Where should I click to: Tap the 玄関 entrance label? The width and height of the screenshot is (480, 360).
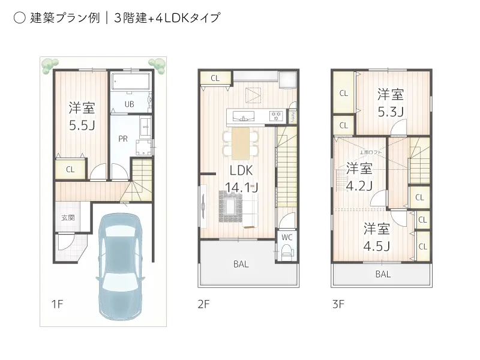(x=67, y=218)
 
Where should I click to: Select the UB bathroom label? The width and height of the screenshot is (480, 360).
(x=129, y=104)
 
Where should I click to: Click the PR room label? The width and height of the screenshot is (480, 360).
(x=123, y=139)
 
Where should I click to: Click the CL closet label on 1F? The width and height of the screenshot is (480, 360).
(x=70, y=170)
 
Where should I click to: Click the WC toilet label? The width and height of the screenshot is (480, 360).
(x=286, y=237)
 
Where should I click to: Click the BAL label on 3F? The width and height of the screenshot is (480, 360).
(x=383, y=274)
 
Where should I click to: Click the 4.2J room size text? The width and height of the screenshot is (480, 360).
(x=359, y=185)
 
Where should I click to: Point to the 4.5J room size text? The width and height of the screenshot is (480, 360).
(x=377, y=246)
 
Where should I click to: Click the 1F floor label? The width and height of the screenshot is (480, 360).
(x=57, y=304)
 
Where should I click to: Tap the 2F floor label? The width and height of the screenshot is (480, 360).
(x=203, y=304)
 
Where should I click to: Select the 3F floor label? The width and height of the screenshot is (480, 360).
(x=338, y=304)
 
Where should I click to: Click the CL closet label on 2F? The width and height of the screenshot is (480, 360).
(x=215, y=78)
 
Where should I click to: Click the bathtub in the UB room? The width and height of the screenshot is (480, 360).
(x=130, y=81)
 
